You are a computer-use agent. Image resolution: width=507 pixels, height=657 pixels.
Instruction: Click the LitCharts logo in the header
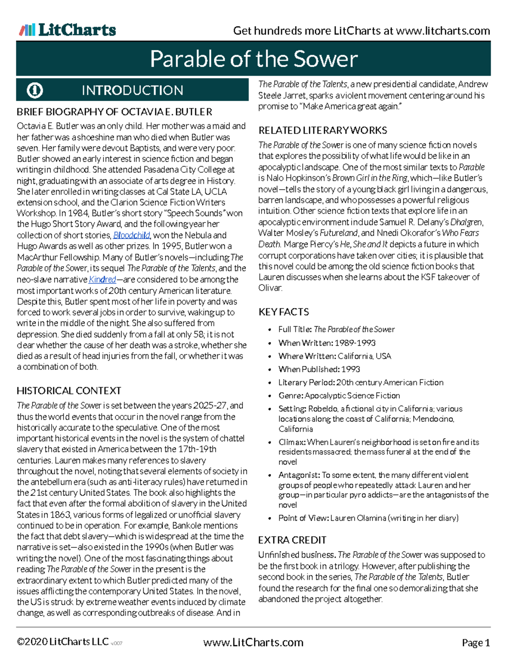(68, 30)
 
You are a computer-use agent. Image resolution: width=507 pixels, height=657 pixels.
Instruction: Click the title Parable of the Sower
(253, 59)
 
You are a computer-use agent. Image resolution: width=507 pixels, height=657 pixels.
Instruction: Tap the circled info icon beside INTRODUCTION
(35, 90)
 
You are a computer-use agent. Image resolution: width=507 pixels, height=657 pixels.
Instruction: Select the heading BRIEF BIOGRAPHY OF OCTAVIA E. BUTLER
(114, 112)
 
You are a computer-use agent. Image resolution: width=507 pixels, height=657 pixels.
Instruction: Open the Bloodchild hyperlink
(131, 235)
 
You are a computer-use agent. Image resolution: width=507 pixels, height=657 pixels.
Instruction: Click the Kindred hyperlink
(102, 280)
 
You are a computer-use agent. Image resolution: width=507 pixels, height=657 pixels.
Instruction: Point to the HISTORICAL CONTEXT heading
(69, 390)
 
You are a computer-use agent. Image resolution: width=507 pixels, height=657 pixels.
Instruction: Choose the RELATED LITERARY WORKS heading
(323, 130)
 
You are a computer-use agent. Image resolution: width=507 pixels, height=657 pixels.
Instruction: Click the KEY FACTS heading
(283, 312)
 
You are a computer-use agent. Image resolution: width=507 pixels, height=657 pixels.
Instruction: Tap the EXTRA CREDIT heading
(292, 540)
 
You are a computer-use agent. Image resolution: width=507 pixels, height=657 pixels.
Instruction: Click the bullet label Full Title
(295, 329)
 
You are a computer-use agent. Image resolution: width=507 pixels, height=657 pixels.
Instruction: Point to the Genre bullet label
(291, 396)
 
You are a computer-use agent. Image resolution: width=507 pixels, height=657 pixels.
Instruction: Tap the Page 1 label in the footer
(476, 643)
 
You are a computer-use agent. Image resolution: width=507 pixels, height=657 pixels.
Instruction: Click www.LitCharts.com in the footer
(253, 642)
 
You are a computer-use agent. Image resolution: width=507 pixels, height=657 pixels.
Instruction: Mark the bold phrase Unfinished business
(297, 555)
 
